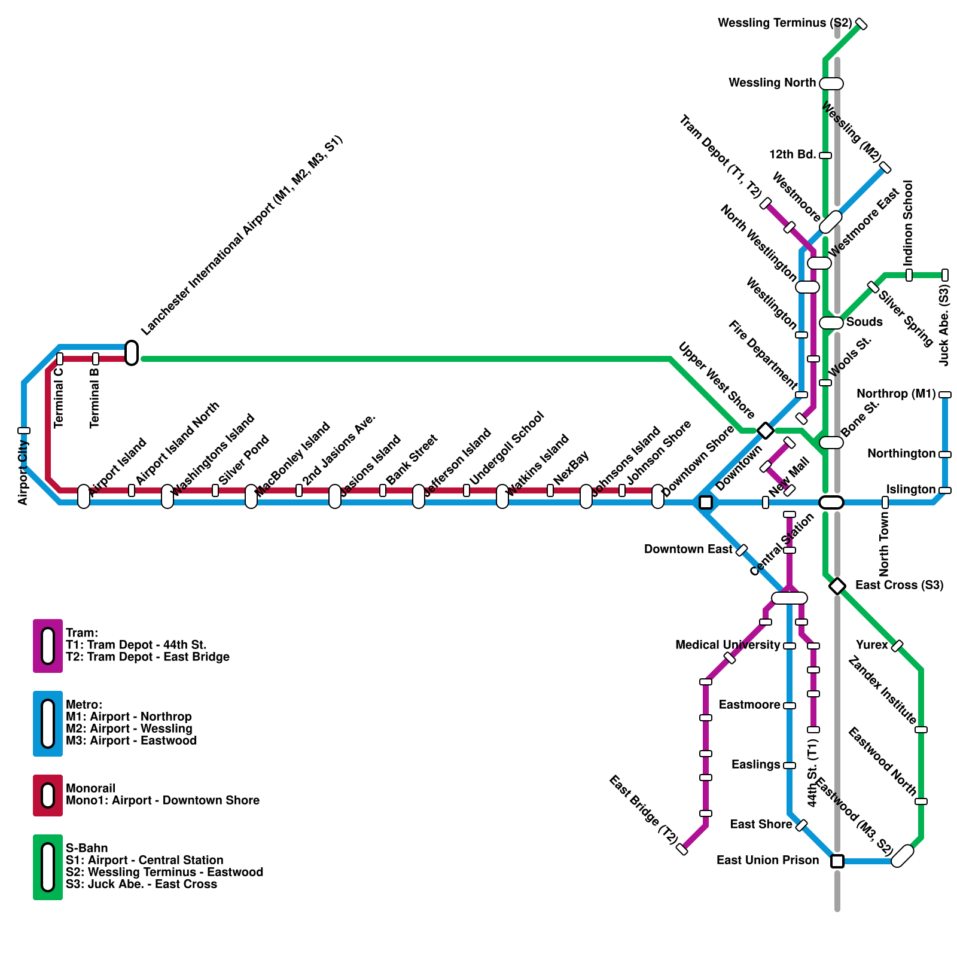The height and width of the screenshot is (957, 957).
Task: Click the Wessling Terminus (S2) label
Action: [x=784, y=23]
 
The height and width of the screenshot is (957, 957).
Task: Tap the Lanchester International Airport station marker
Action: [x=132, y=353]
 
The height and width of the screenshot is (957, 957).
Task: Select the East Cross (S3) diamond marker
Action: [x=837, y=586]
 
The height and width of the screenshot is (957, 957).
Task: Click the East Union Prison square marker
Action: [x=837, y=861]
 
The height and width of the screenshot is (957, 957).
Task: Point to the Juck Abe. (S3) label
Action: [x=944, y=326]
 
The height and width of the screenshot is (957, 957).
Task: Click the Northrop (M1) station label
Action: [x=895, y=394]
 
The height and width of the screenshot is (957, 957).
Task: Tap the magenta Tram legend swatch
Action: [x=48, y=646]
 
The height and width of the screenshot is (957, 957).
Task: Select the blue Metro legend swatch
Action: [x=48, y=724]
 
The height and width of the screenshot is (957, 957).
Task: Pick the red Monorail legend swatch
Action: [x=48, y=796]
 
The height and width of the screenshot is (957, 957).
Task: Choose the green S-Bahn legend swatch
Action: [x=48, y=867]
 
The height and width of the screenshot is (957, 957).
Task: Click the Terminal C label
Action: [x=59, y=397]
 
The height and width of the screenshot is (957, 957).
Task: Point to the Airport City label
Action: [x=23, y=473]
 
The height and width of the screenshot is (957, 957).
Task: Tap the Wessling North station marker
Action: [x=831, y=84]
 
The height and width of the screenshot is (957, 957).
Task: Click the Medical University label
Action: [x=727, y=645]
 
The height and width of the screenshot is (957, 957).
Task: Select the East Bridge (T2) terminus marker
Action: [x=682, y=849]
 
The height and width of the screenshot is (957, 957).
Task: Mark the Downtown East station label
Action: [x=688, y=549]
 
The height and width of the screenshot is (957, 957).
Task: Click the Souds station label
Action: [x=864, y=322]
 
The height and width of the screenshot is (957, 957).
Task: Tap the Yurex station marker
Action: [x=897, y=646]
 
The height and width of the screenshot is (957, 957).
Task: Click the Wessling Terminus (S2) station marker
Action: [x=861, y=24]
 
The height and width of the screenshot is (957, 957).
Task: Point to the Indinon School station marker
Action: [x=909, y=275]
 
